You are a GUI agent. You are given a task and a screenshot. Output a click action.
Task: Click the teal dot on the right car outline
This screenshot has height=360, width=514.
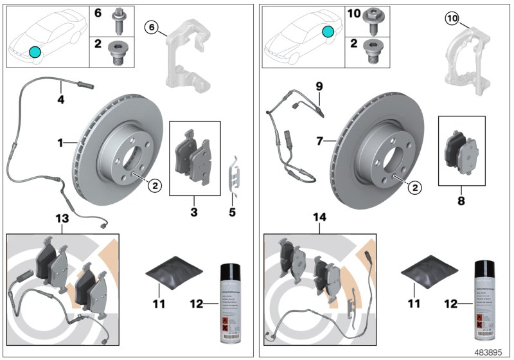point(329,32)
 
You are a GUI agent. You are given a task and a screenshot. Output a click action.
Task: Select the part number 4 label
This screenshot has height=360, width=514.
point(60,100)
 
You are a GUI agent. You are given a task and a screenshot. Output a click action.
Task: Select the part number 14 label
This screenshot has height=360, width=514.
point(319,219)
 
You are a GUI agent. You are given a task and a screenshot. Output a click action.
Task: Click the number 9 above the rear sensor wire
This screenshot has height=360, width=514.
point(319,85)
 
